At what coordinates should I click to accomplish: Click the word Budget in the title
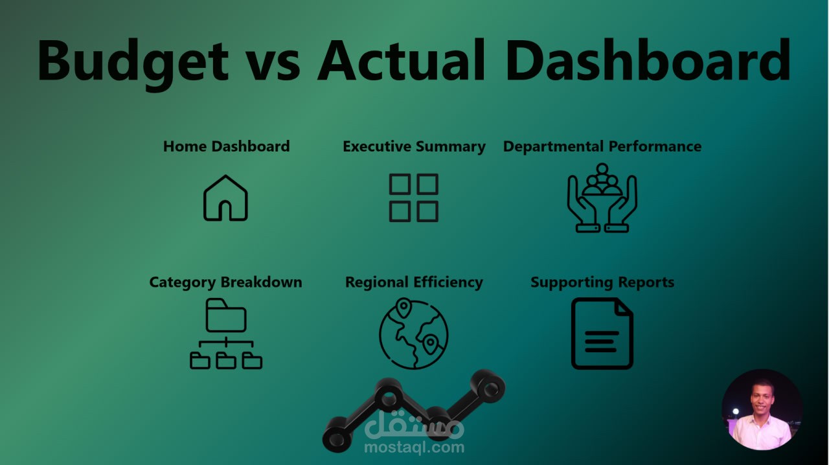(133, 62)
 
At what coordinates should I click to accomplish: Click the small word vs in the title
(272, 65)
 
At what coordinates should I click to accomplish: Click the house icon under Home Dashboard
(225, 198)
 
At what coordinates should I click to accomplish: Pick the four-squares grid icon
(413, 198)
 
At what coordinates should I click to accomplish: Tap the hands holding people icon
(602, 198)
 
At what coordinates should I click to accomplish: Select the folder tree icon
(225, 334)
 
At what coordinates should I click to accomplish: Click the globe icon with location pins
(413, 334)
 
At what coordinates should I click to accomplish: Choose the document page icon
(602, 334)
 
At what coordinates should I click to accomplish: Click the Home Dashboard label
(226, 146)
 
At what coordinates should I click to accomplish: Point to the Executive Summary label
(414, 146)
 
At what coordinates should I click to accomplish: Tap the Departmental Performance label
(602, 146)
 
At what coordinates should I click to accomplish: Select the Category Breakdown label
(225, 282)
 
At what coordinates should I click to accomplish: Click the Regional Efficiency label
(414, 282)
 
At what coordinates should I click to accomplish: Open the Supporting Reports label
(602, 282)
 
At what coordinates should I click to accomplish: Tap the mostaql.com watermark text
(414, 448)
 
